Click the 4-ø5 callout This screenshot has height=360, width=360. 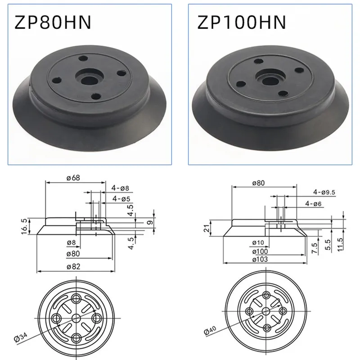(x=122, y=198)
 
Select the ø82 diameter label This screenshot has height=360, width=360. (x=74, y=267)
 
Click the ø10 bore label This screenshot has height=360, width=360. (x=258, y=243)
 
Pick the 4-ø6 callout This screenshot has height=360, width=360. (x=313, y=204)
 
